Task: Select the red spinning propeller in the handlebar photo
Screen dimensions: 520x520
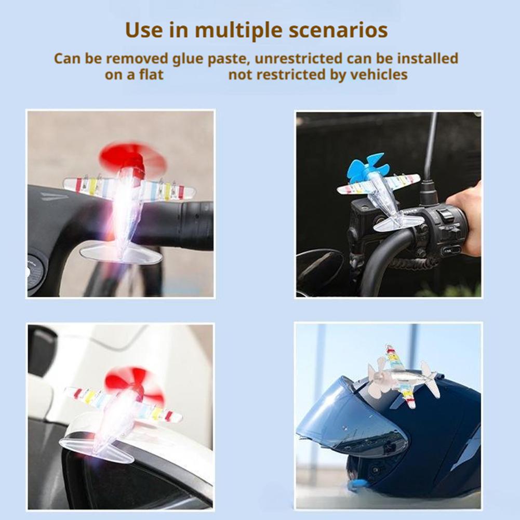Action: (132, 157)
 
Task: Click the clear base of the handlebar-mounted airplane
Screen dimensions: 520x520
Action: (121, 253)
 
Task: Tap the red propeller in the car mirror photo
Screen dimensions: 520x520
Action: (134, 383)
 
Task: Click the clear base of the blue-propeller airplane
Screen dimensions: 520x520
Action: (398, 223)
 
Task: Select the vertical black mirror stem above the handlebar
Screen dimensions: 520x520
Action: (430, 151)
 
